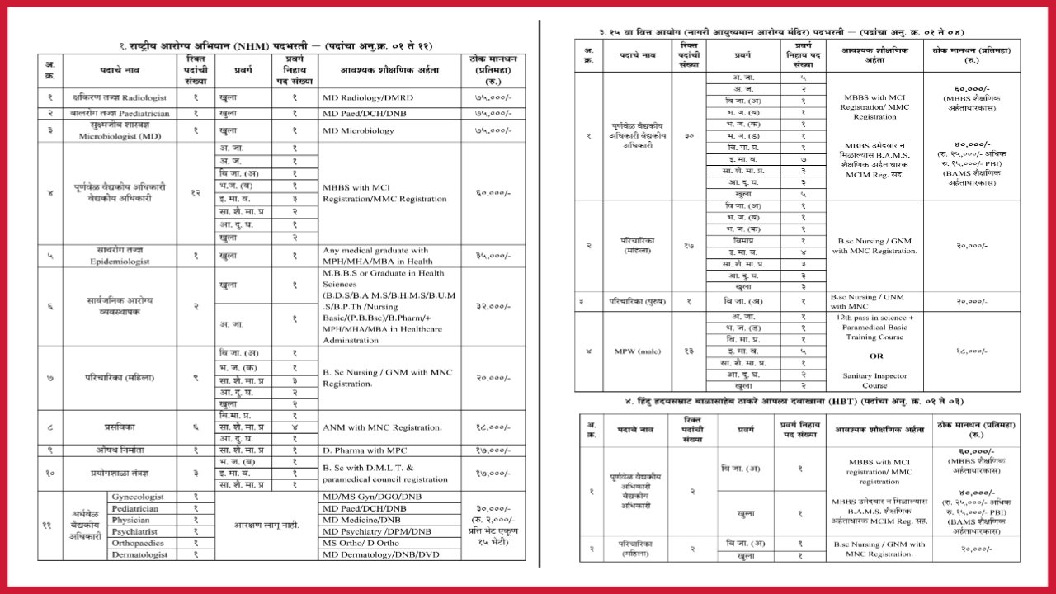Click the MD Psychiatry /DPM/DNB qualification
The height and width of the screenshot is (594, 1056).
click(376, 531)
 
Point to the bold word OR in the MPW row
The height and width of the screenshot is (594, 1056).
click(875, 356)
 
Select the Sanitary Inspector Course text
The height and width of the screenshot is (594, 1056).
click(874, 380)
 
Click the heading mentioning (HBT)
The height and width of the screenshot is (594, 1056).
click(792, 401)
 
